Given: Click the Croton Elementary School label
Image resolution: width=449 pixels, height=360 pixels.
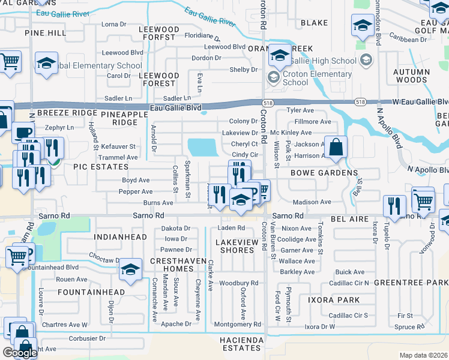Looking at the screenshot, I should coord(316,78).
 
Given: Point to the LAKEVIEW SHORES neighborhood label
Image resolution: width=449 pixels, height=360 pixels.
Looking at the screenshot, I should coord(237,246).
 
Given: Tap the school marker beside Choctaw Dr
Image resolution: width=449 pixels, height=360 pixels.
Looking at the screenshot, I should coord(130,269).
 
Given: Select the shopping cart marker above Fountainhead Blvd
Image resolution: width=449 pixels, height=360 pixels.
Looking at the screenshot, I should coord(16,256).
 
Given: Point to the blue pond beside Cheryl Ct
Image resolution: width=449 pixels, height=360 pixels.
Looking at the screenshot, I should coord(203,146).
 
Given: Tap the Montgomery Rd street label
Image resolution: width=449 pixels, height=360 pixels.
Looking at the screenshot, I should coord(237,325).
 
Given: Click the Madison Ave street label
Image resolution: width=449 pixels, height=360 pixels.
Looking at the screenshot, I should coord(312,202).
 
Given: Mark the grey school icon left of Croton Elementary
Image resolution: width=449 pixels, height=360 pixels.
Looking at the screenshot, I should coord(273,77).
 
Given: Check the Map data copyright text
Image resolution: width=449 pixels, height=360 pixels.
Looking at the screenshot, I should coord(424,355).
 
